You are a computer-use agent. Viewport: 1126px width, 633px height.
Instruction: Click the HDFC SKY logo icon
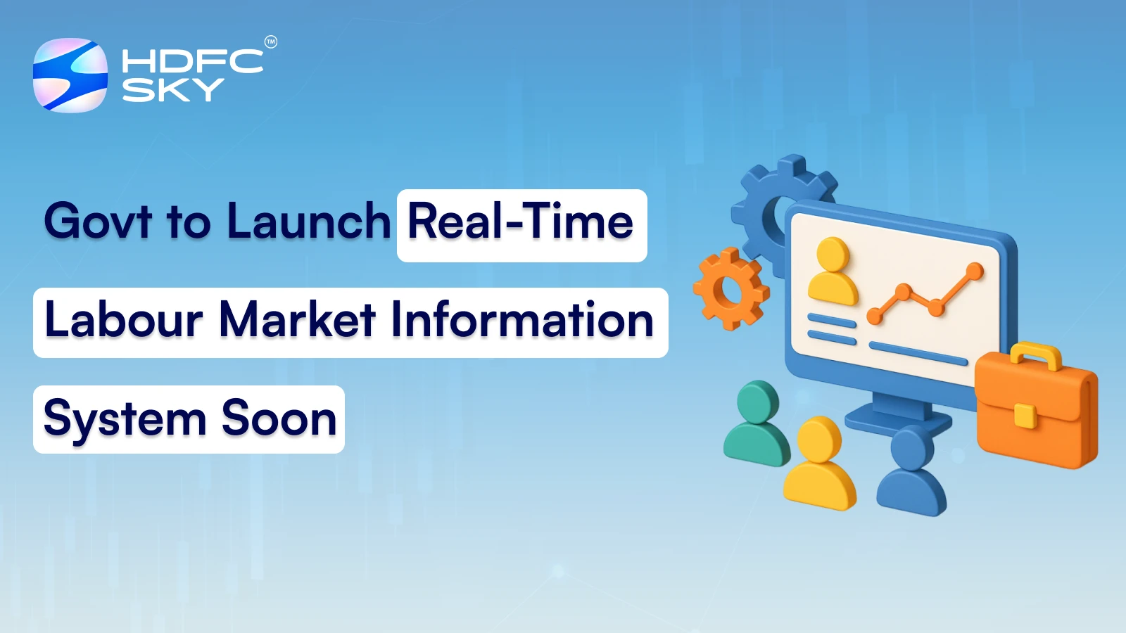[x=70, y=75]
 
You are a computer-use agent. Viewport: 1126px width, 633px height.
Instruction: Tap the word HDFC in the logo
[x=192, y=61]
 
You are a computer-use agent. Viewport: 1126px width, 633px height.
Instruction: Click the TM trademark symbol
[x=271, y=42]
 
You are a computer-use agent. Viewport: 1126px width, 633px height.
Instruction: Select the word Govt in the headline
[x=98, y=222]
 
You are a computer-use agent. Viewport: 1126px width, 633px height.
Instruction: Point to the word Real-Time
[x=521, y=222]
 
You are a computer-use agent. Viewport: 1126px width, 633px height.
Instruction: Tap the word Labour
[x=124, y=320]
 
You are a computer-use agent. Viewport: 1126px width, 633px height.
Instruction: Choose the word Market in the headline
[x=297, y=320]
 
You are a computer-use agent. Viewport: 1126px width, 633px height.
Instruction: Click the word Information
[x=522, y=320]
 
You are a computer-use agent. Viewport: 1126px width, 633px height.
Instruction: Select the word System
[x=125, y=419]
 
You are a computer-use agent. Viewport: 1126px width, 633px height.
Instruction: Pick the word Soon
[x=279, y=419]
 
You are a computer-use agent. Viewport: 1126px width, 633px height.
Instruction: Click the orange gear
[x=730, y=289]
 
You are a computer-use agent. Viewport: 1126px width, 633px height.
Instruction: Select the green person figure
[x=757, y=426]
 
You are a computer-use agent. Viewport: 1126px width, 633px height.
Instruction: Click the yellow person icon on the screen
[x=833, y=271]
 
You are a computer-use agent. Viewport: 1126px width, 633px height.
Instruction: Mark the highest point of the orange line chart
[x=975, y=270]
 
